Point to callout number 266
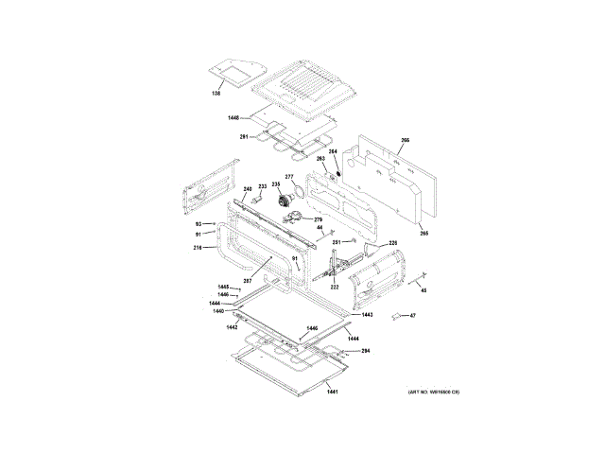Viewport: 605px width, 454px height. [x=405, y=141]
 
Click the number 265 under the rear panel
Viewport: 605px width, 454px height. [x=424, y=233]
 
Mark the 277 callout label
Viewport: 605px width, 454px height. [x=289, y=177]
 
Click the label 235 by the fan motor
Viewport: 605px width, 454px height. [x=277, y=184]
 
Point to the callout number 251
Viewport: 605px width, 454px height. [x=337, y=243]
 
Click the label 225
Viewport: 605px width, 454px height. [x=392, y=243]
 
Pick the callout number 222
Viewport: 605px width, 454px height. [x=335, y=286]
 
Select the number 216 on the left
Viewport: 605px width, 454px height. [x=198, y=248]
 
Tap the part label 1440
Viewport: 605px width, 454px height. [x=218, y=310]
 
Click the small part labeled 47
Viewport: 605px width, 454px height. [x=413, y=316]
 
